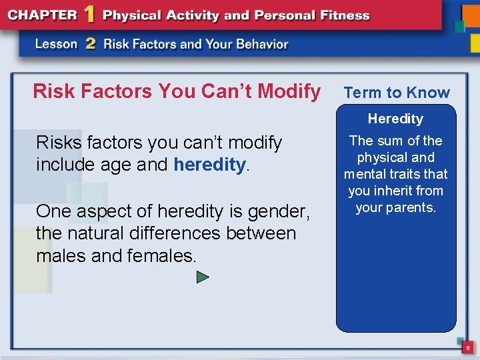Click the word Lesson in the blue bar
coord(57,44)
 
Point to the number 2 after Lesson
coord(90,44)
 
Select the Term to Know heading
coord(397,93)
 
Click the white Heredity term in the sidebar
coord(395,119)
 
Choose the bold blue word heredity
coord(209,165)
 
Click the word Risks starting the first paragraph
coord(57,143)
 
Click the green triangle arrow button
coord(203,277)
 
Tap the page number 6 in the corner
coord(468,348)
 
